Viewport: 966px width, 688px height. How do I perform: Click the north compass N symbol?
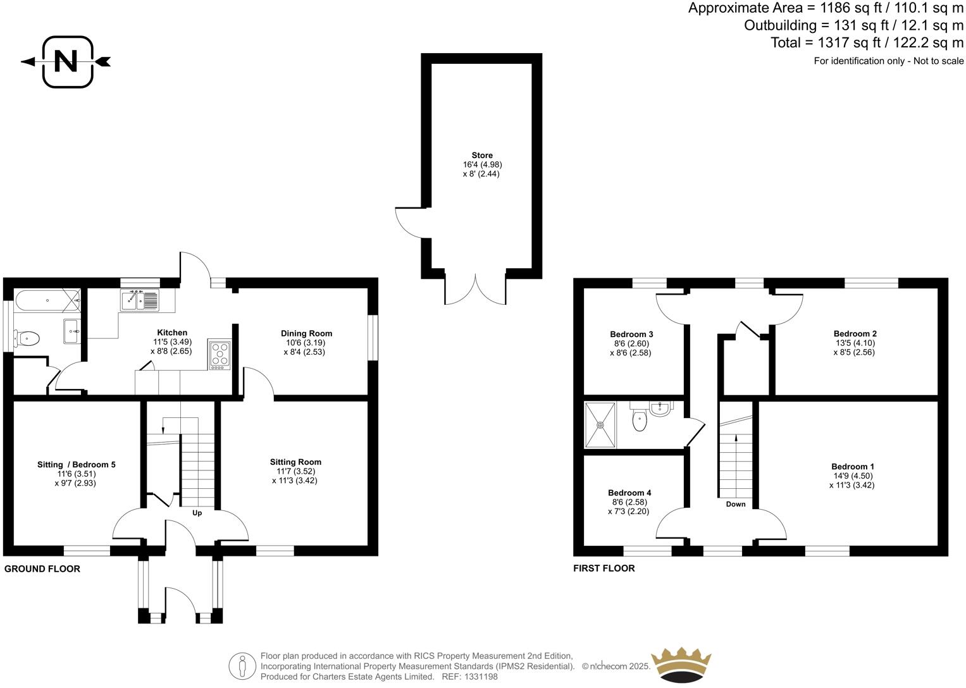click(66, 61)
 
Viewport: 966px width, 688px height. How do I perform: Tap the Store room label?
click(481, 156)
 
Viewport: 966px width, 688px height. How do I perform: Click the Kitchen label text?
click(171, 333)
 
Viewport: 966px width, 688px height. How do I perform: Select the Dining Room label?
click(306, 333)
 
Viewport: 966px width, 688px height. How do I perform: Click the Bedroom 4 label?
click(629, 493)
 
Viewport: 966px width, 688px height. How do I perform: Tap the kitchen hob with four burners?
click(220, 355)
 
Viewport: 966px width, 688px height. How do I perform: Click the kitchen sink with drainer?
click(140, 300)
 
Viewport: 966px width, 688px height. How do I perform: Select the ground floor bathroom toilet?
click(28, 339)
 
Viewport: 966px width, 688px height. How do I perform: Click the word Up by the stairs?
click(197, 513)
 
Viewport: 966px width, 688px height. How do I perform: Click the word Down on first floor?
click(735, 504)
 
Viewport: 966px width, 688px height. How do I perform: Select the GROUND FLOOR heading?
click(42, 568)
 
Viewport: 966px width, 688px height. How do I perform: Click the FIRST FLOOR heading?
click(604, 568)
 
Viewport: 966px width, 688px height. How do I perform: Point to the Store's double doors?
click(475, 288)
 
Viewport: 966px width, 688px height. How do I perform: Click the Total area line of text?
click(867, 43)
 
